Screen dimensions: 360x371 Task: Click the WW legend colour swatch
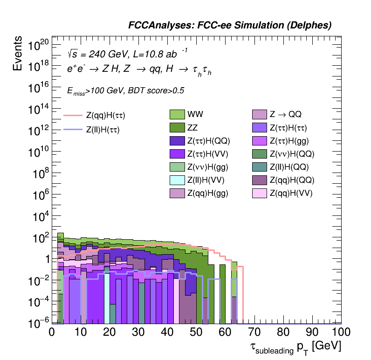178,114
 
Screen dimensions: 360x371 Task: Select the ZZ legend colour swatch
178,127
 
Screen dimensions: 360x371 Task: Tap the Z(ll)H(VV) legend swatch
178,180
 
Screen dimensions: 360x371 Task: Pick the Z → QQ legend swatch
260,114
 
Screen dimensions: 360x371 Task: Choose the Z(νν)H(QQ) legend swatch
260,153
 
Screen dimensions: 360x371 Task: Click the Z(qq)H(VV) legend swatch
260,193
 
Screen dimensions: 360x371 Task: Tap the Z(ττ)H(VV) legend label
208,153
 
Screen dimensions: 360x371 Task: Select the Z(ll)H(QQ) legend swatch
260,166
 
